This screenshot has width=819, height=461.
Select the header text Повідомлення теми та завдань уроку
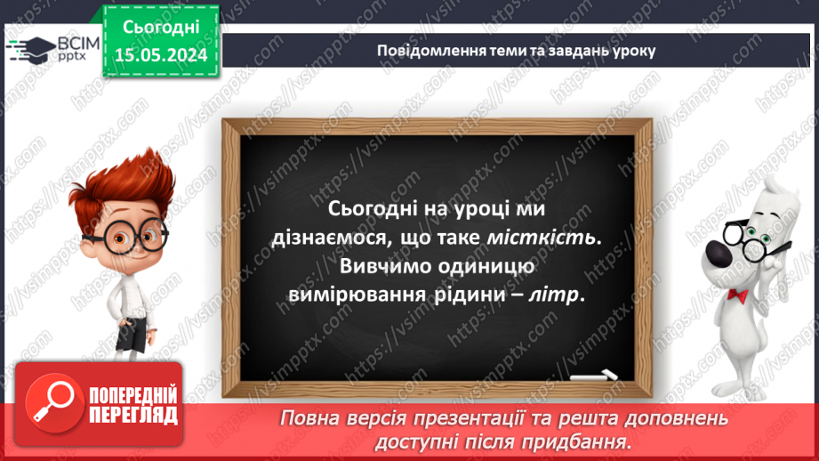click(516, 50)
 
